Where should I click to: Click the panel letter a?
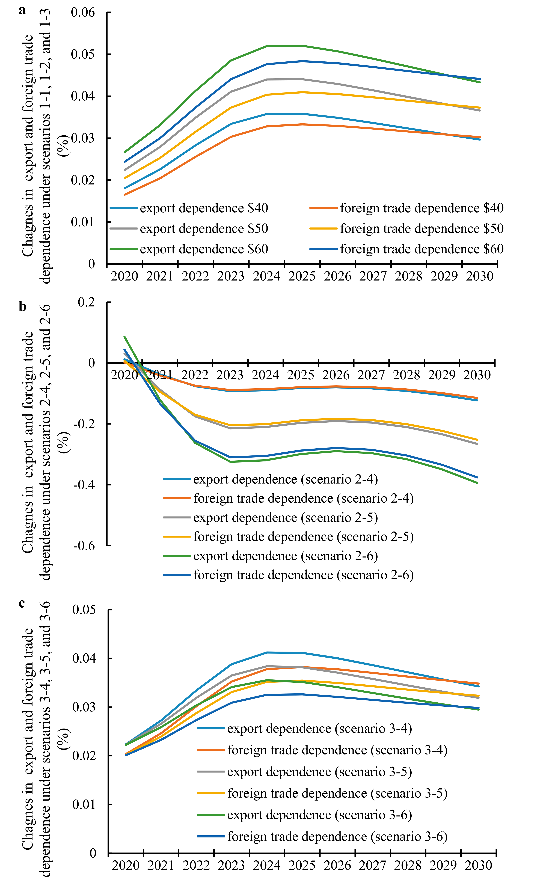(22, 10)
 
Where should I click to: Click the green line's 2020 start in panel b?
(124, 336)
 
